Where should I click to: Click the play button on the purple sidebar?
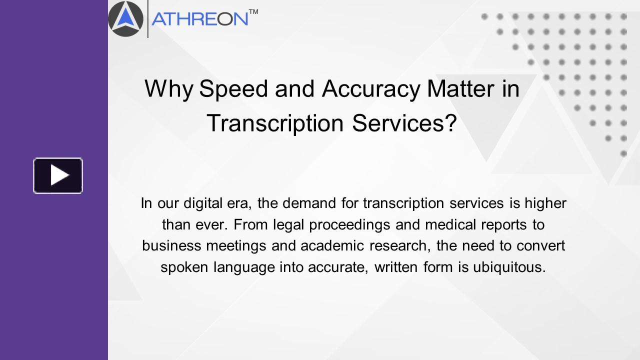pos(58,175)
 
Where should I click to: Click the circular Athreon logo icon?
pos(125,19)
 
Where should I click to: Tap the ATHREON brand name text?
pos(200,19)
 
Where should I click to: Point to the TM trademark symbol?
pos(253,11)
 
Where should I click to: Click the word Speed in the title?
pos(231,89)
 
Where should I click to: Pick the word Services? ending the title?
pos(404,123)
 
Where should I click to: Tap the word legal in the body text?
pos(289,225)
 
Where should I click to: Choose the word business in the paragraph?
pos(168,246)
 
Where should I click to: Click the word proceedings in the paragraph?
pos(349,225)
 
